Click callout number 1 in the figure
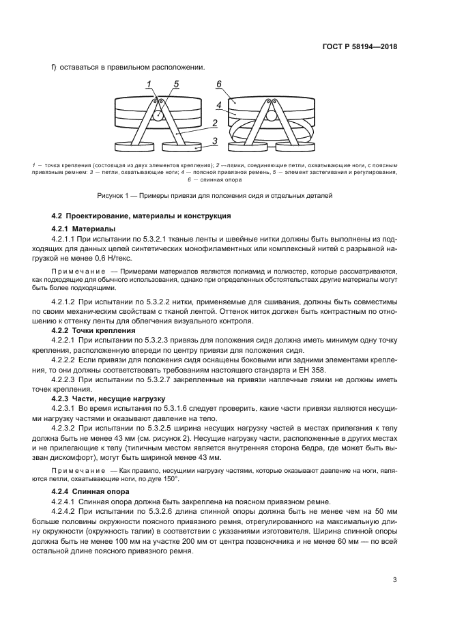coord(148,84)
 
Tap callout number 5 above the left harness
coord(176,84)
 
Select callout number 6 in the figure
coord(220,84)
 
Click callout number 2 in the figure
coord(214,123)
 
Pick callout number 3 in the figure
coord(214,141)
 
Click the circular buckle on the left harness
coord(158,115)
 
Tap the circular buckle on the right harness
coord(271,116)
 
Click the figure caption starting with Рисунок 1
coord(215,195)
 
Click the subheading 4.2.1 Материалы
coord(83,228)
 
